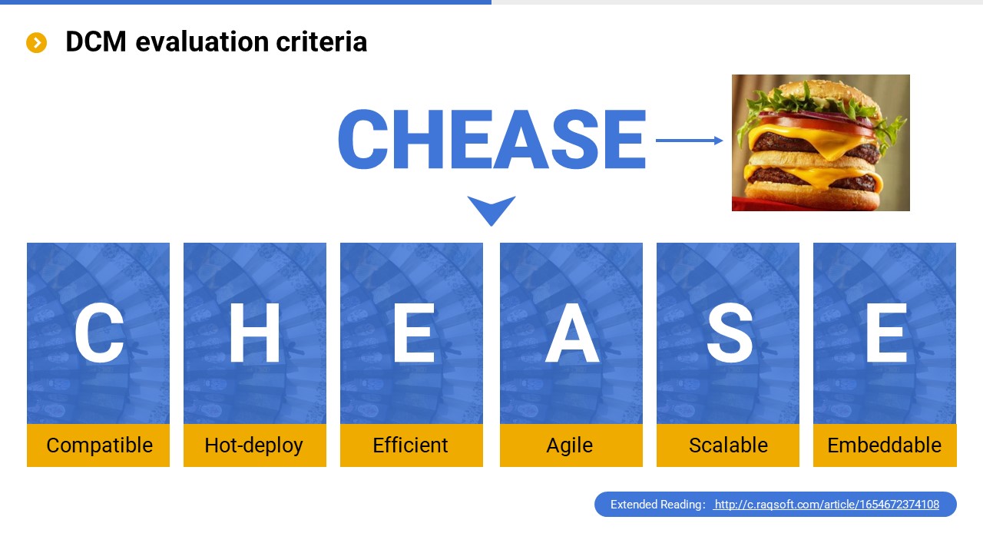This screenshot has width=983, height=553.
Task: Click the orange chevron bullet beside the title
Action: [36, 42]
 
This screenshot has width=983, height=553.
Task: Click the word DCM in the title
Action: [96, 41]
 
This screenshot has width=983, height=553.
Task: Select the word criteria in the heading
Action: [321, 41]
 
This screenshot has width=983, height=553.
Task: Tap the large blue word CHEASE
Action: [492, 139]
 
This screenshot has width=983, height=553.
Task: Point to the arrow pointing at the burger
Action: [689, 141]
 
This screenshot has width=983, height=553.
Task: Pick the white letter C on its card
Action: [99, 333]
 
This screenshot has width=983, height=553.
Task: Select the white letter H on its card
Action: [254, 333]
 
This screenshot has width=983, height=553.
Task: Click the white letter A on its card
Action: [572, 333]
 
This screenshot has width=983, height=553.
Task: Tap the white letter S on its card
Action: [730, 333]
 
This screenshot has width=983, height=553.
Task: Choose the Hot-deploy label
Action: [254, 445]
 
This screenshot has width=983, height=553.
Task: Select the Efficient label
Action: [411, 445]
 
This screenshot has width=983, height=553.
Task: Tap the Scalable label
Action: [727, 445]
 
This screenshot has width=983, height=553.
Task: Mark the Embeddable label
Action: [885, 445]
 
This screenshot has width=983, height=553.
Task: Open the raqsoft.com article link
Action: [827, 505]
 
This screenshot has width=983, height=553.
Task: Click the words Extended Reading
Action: [657, 505]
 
